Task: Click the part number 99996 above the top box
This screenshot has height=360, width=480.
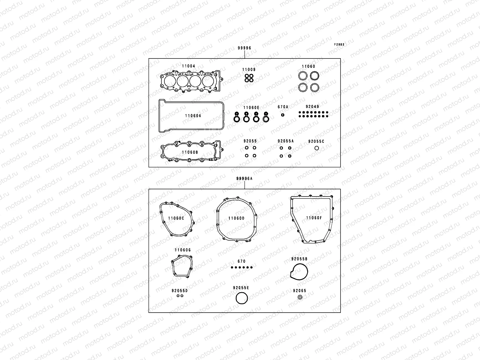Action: pos(244,48)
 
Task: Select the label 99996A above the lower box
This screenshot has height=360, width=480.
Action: pos(244,178)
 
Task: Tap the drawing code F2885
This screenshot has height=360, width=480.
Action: pos(339,45)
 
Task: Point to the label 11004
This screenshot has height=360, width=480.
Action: pos(188,66)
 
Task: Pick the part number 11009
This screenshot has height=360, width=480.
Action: pos(249,70)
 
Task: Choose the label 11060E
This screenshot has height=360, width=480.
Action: pos(251,107)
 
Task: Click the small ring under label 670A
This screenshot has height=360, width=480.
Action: pos(283,115)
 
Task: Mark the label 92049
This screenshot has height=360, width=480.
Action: pos(312,106)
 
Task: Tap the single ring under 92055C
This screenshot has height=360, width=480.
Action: pos(316,148)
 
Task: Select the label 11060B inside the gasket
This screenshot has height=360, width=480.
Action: pos(190,152)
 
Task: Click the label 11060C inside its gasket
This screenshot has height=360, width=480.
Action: pos(176,218)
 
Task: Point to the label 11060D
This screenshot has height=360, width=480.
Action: pos(236,218)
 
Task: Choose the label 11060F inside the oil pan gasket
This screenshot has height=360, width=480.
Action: pos(314,218)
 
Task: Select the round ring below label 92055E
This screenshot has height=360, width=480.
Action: pos(241,298)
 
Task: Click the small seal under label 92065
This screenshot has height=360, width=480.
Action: pos(300,297)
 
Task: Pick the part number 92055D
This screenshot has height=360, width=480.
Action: pos(179,291)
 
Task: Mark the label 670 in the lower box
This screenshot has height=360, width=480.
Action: pos(241,262)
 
